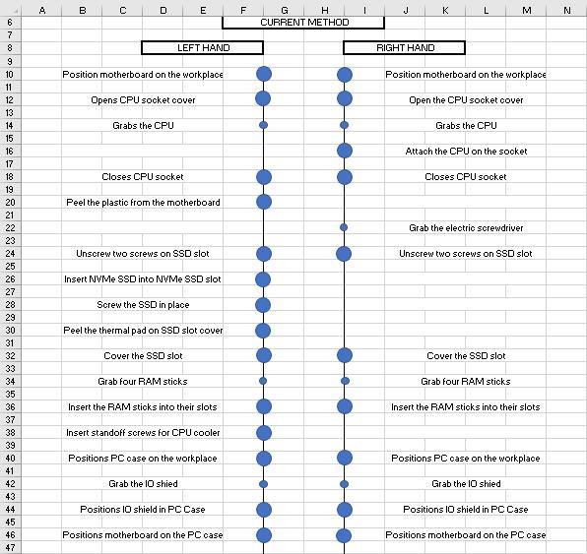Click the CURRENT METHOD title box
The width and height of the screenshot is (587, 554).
[304, 22]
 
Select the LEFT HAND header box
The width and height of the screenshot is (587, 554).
[202, 47]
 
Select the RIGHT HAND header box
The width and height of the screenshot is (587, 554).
[405, 47]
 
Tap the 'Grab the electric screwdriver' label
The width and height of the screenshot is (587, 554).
[466, 227]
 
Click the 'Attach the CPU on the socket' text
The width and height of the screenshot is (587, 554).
[466, 151]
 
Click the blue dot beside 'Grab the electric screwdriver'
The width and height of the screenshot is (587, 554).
[344, 227]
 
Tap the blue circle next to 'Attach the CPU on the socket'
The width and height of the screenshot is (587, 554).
[344, 151]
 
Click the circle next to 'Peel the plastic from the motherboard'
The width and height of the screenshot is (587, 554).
[263, 202]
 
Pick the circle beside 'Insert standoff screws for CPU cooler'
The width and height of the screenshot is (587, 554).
[263, 432]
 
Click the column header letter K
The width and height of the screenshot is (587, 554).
[445, 10]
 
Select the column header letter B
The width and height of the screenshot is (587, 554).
[82, 10]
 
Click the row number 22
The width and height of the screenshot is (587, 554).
[10, 227]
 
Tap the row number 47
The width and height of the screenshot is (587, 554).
[10, 547]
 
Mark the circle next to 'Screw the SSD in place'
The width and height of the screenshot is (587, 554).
[263, 304]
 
